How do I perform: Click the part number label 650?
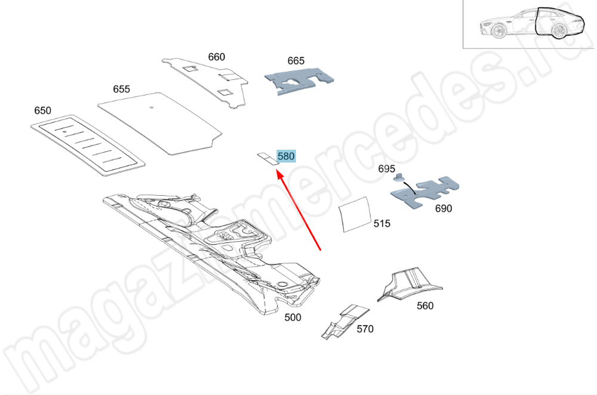pyautogui.click(x=42, y=110)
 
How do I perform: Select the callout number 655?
pyautogui.click(x=121, y=89)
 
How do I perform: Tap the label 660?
pyautogui.click(x=216, y=57)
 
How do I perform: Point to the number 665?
pyautogui.click(x=296, y=61)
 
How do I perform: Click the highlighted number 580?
pyautogui.click(x=286, y=156)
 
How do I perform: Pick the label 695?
pyautogui.click(x=386, y=169)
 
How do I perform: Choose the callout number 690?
pyautogui.click(x=444, y=208)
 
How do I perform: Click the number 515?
pyautogui.click(x=382, y=223)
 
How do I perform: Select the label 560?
pyautogui.click(x=425, y=306)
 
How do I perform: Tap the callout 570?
pyautogui.click(x=365, y=329)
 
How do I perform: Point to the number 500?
pyautogui.click(x=293, y=317)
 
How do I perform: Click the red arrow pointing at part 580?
pyautogui.click(x=298, y=211)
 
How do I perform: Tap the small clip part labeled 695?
pyautogui.click(x=399, y=177)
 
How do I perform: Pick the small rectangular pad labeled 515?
pyautogui.click(x=355, y=215)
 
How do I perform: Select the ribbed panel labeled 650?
pyautogui.click(x=88, y=146)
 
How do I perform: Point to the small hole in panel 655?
pyautogui.click(x=151, y=107)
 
